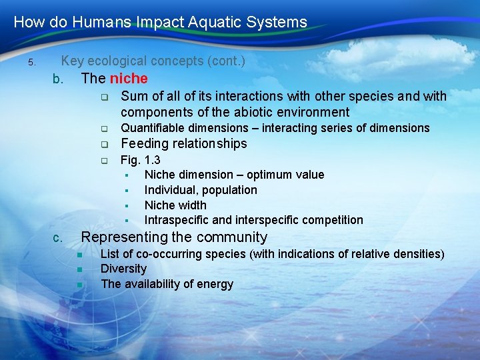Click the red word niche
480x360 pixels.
129,79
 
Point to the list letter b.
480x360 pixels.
58,79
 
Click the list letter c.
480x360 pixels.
58,238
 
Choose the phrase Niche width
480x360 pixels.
175,205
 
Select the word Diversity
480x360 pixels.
123,269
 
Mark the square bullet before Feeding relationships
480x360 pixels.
104,145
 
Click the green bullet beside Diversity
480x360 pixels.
79,269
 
